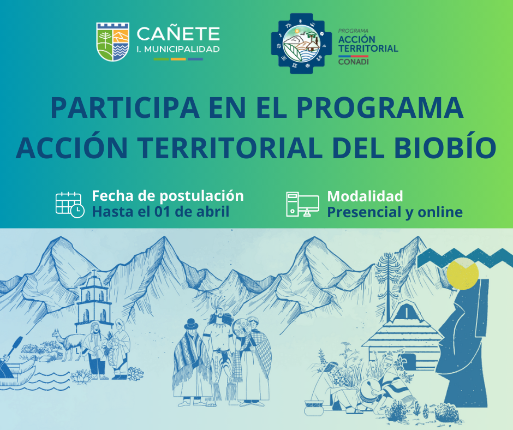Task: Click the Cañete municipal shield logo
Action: (x=112, y=42)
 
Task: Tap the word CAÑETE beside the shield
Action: (x=178, y=34)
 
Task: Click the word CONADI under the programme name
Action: (x=353, y=62)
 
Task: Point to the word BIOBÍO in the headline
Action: (x=445, y=148)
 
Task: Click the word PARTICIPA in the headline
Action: (x=125, y=108)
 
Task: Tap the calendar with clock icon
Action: (x=70, y=205)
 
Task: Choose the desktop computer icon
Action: (x=302, y=204)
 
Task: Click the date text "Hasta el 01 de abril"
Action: (x=160, y=212)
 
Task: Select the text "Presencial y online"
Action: (x=395, y=212)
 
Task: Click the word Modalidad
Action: (x=365, y=196)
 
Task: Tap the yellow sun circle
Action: (x=463, y=274)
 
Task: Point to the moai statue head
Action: (x=465, y=341)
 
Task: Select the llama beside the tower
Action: (x=67, y=344)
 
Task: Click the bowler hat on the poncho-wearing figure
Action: (x=190, y=325)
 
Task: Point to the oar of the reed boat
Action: (x=11, y=353)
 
